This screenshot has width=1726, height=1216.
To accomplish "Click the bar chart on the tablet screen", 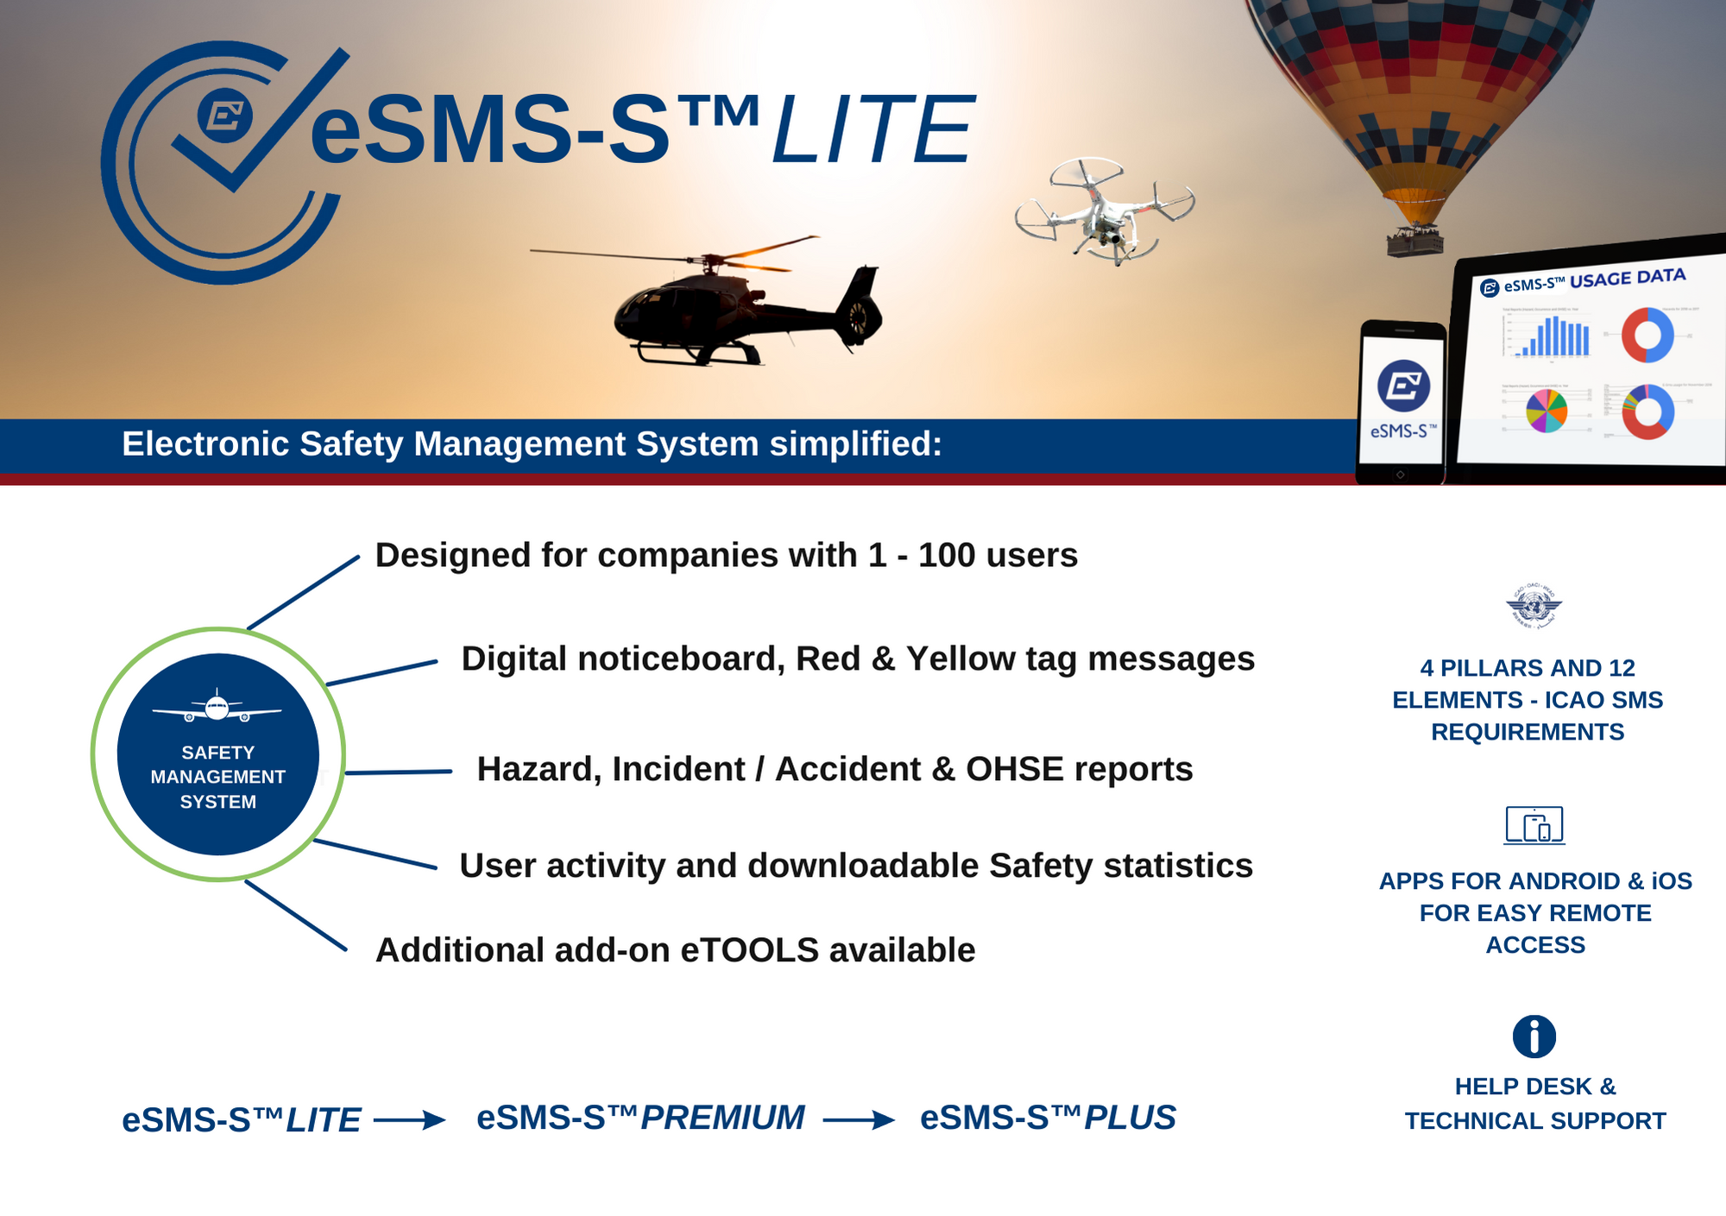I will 1553,337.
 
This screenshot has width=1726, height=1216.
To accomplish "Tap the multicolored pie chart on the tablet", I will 1546,411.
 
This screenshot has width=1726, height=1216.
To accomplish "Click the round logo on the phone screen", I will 1403,385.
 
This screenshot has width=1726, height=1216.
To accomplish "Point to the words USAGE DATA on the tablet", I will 1627,278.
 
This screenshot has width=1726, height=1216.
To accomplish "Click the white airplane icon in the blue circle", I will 217,708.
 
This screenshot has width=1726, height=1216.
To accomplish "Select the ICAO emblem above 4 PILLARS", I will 1534,606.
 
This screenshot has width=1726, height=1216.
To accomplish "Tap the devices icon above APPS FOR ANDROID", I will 1534,825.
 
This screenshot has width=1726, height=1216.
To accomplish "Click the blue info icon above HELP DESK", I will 1534,1036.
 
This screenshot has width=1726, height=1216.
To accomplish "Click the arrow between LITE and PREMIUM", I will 410,1120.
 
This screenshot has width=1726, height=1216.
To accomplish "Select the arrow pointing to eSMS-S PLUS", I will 859,1120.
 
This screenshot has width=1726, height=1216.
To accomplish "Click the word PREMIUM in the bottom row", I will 722,1118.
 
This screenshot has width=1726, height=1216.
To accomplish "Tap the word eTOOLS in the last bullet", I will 749,950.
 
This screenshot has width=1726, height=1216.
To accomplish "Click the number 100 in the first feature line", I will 946,556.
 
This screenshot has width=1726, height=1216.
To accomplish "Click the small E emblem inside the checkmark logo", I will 225,115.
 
